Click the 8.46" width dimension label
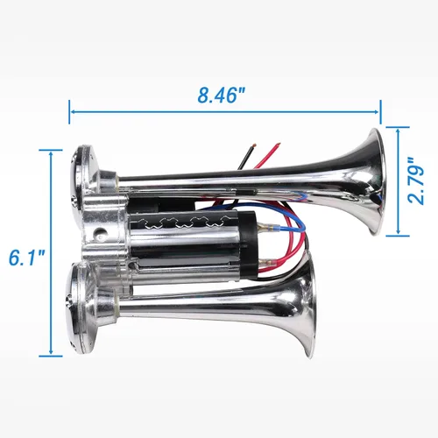221,95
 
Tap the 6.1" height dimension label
27,258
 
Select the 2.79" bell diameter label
415,181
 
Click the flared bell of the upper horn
371,181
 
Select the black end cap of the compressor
248,244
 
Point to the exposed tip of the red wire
278,145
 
